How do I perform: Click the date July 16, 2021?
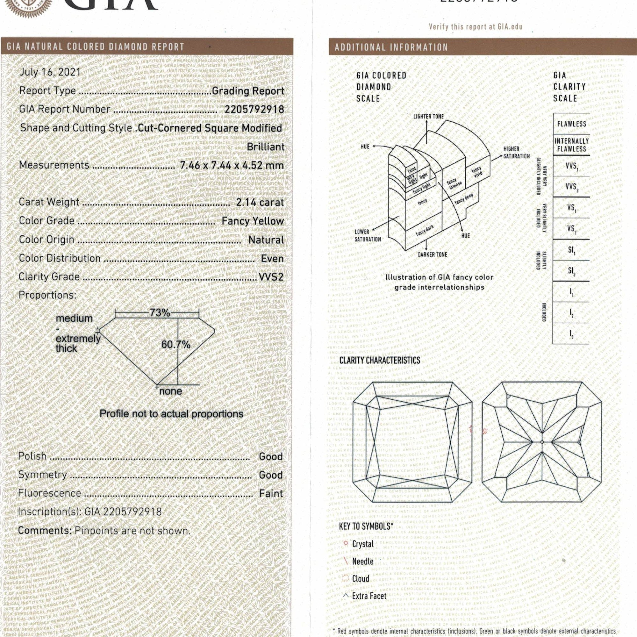point(50,72)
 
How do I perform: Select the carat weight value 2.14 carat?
point(260,202)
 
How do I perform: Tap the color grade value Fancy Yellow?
point(253,221)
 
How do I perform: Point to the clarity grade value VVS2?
point(271,277)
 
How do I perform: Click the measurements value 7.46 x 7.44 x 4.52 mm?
point(232,165)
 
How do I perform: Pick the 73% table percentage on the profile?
point(160,312)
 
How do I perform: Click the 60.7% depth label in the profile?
point(176,345)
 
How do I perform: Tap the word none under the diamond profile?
point(170,391)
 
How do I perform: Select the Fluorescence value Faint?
point(271,494)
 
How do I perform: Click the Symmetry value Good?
point(271,475)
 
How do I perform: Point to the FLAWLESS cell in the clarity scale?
point(572,124)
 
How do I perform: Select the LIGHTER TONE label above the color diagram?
point(429,117)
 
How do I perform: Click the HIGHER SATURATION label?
point(516,153)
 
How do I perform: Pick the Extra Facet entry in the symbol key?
point(369,596)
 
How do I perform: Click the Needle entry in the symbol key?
point(363,562)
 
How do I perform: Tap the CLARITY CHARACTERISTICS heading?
point(380,360)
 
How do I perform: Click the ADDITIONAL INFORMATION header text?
point(391,47)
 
